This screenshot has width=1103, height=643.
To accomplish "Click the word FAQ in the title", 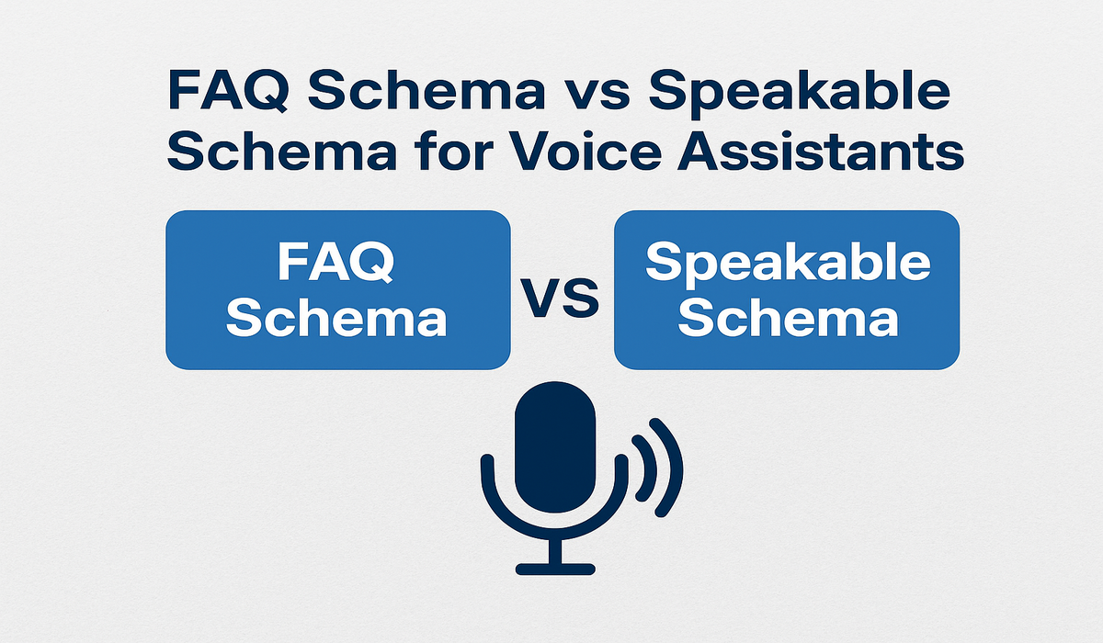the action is (227, 92).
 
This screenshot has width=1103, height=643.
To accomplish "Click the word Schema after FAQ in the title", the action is (426, 92).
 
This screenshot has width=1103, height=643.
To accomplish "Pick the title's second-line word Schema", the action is (282, 150).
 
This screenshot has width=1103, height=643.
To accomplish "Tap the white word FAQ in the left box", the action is (335, 262).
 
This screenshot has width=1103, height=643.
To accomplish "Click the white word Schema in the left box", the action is (336, 319).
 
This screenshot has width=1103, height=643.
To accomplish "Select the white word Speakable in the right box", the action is (788, 265).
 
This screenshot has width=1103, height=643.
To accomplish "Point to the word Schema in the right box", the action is (788, 319).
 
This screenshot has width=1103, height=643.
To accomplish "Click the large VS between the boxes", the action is (560, 299).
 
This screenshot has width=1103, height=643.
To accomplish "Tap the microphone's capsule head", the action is (555, 446).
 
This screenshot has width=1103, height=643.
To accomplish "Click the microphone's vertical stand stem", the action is (555, 550).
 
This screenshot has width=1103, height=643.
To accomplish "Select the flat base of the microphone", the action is (555, 570).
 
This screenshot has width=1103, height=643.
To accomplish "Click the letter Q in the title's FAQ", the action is (267, 93).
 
